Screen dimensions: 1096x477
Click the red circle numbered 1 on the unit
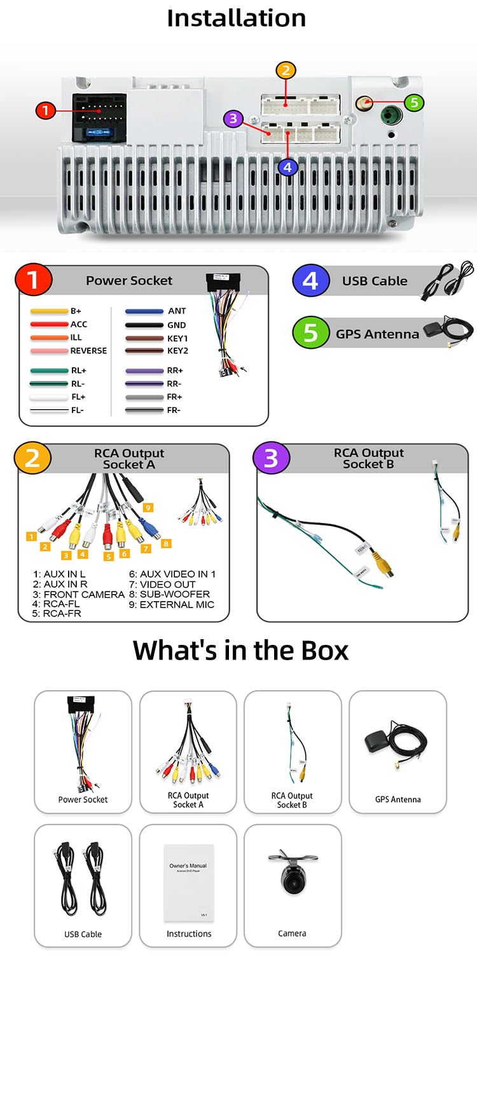(45, 111)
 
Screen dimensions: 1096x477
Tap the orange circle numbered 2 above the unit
(286, 71)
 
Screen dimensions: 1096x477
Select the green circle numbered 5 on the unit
(414, 102)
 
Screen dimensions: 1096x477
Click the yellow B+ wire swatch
(49, 311)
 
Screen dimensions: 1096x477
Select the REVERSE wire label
(88, 351)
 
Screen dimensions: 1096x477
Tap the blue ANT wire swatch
(144, 311)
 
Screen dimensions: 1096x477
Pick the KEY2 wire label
(177, 351)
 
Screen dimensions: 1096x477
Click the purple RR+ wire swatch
(144, 370)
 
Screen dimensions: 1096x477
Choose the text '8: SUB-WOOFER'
(169, 594)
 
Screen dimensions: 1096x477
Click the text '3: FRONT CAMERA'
(78, 594)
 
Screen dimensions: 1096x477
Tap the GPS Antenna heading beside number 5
(377, 334)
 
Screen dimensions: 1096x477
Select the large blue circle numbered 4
(310, 280)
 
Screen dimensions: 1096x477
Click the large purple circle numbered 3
(271, 458)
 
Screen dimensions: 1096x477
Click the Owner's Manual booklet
(188, 883)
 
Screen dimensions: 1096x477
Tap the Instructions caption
(189, 933)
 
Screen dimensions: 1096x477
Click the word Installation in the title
(236, 18)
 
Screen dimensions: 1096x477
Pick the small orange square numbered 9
(148, 508)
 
